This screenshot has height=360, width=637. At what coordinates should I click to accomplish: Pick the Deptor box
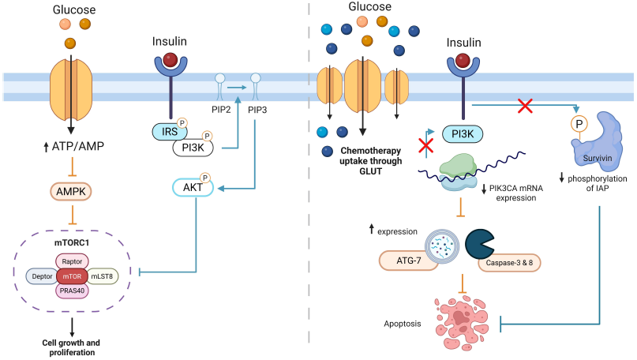click(41, 276)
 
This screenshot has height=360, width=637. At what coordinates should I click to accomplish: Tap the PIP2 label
click(219, 109)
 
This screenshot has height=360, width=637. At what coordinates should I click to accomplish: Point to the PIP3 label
click(257, 109)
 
